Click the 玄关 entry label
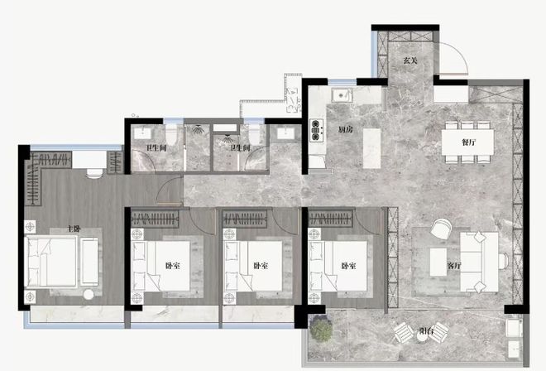(409, 60)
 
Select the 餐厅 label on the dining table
(469, 142)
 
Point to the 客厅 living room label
(453, 266)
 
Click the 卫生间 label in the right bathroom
(242, 148)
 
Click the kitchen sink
(340, 95)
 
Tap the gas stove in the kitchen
(316, 128)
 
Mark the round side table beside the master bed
(89, 295)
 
